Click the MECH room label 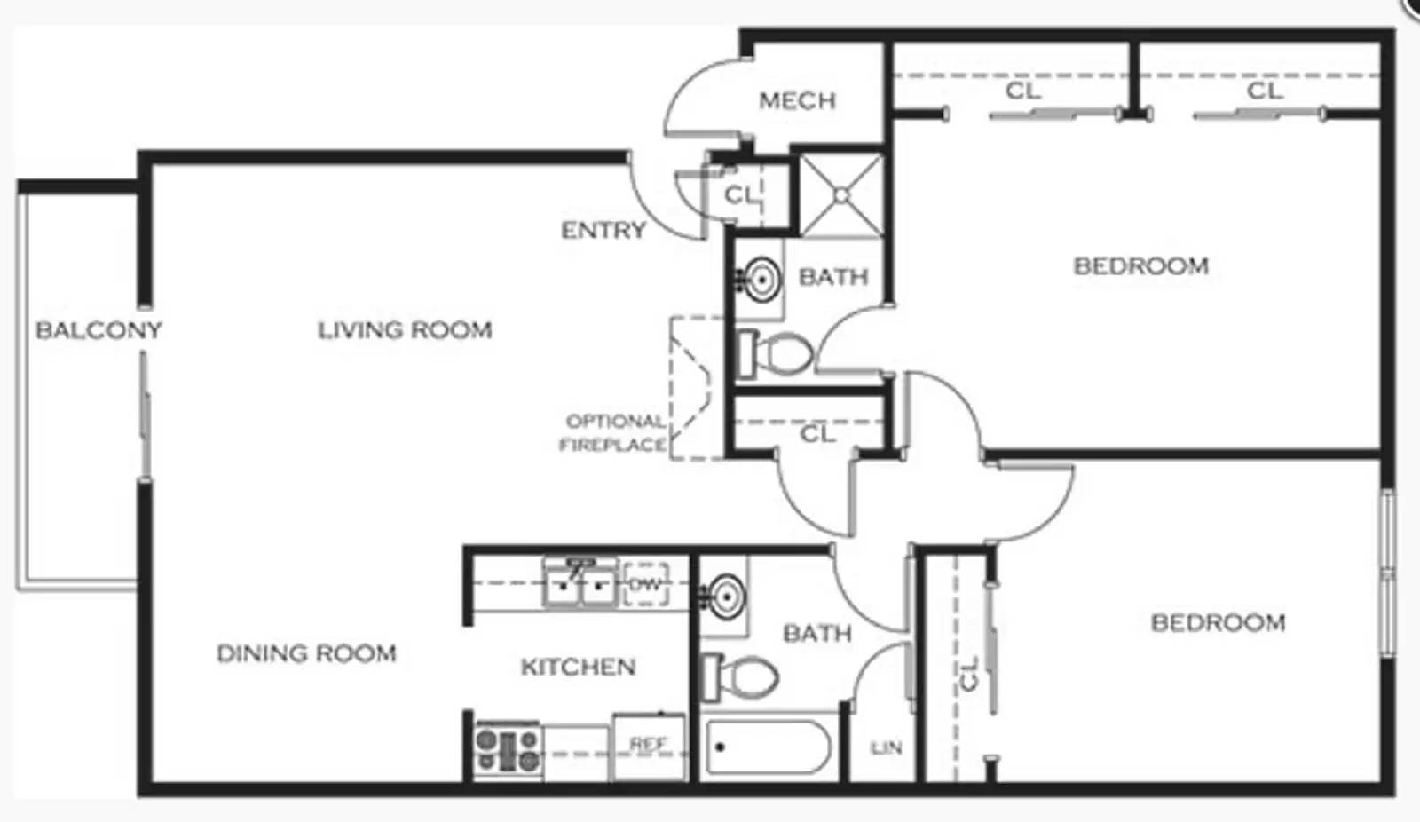(797, 100)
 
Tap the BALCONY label (99, 330)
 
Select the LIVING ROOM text (405, 330)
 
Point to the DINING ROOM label (306, 653)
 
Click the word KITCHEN (578, 667)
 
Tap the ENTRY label (603, 231)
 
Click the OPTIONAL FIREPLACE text (614, 432)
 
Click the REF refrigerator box (649, 747)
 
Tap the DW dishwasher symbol (645, 585)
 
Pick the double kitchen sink (580, 584)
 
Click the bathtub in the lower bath (768, 747)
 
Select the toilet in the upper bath (776, 353)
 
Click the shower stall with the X (841, 195)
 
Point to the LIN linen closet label (886, 748)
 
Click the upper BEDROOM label (1140, 266)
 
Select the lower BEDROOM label (1218, 623)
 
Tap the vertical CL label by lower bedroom (969, 673)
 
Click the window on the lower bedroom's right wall (1387, 573)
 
